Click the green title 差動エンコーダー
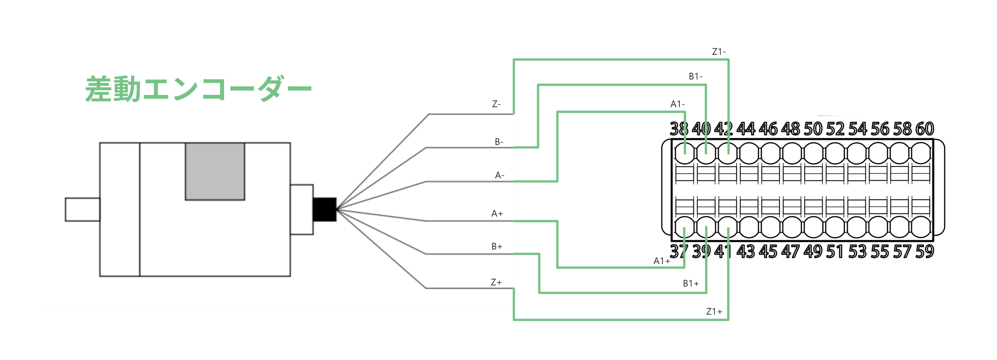198,89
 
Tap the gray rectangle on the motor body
215,171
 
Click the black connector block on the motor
324,209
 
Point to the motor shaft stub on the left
82,209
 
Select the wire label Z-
496,104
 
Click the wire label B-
499,142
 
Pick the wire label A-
499,175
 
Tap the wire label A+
497,213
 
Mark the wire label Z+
496,282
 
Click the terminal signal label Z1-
719,51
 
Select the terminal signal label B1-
695,76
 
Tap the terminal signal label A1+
661,261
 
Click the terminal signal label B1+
690,283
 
